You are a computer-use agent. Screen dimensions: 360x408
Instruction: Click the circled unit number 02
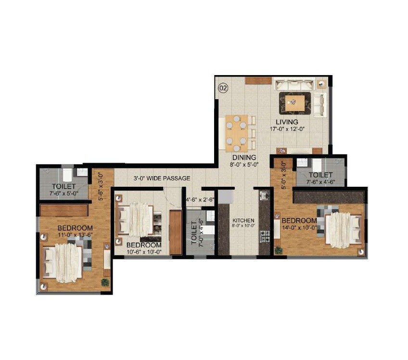(x=223, y=88)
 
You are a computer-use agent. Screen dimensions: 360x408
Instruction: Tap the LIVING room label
(x=287, y=122)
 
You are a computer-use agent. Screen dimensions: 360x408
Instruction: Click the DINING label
(x=244, y=157)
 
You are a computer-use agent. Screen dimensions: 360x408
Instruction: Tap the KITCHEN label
(x=243, y=220)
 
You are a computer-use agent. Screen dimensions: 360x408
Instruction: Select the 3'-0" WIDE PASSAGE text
(x=162, y=178)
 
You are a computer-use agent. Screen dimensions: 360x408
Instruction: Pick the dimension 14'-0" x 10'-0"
(x=295, y=228)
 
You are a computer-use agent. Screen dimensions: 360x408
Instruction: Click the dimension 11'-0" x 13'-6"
(x=75, y=235)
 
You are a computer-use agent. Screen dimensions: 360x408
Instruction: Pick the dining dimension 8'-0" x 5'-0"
(x=244, y=164)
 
